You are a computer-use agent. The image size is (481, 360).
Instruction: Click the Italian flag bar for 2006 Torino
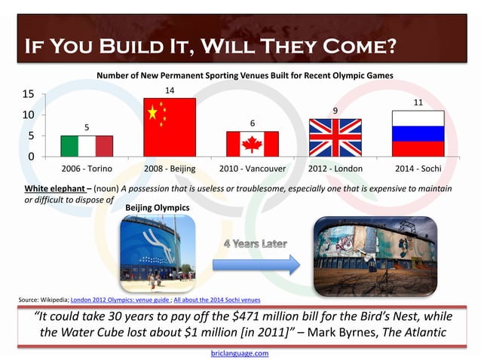pos(87,146)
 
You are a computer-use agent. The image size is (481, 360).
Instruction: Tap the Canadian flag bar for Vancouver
pos(253,143)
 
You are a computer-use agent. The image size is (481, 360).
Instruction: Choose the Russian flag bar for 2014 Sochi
pos(418,133)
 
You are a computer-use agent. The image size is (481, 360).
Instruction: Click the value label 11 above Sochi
pos(418,102)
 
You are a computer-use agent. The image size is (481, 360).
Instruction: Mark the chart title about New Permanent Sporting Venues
pos(245,75)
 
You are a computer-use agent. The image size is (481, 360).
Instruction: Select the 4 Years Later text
pos(255,244)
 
